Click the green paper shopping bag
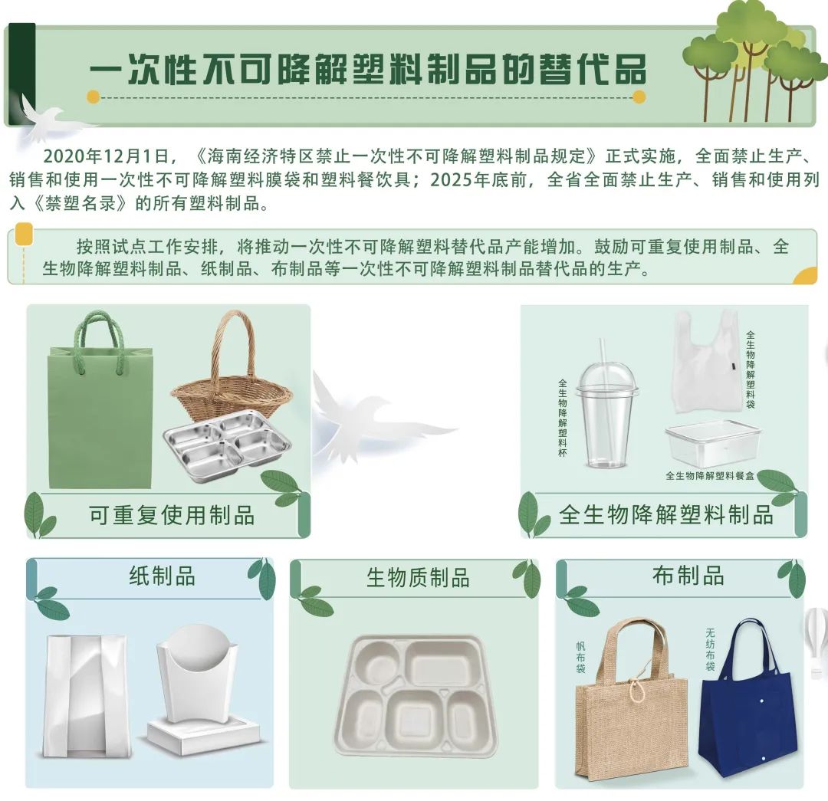[100, 418]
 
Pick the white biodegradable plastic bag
[706, 364]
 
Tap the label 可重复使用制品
[172, 515]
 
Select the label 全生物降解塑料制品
[665, 515]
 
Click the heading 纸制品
[162, 576]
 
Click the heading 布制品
[688, 576]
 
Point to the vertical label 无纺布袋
[710, 650]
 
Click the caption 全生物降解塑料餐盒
[710, 476]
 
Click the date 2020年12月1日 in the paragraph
[106, 157]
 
